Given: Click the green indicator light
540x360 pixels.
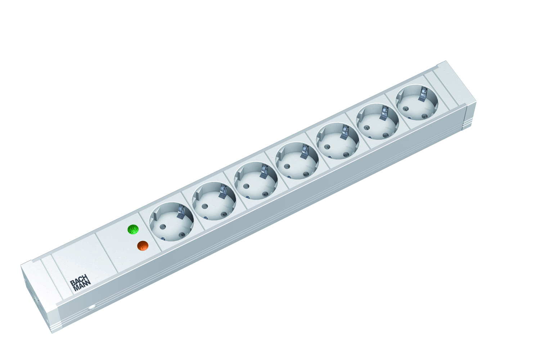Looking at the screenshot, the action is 133,229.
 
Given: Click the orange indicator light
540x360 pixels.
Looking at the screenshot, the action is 143,246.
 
